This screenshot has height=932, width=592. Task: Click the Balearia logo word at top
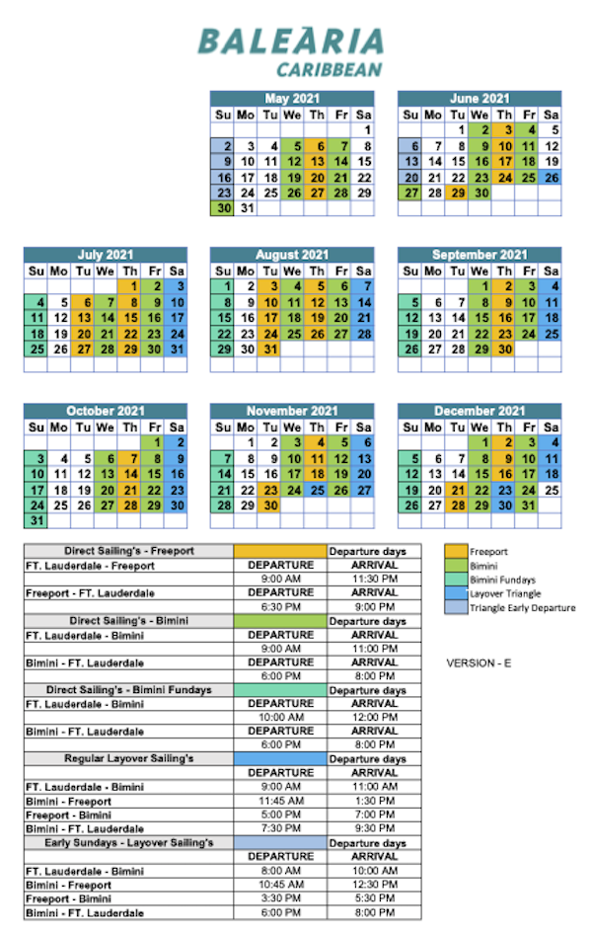pos(290,41)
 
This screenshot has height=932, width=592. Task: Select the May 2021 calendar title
pos(292,99)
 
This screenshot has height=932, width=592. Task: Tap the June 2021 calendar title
pos(480,99)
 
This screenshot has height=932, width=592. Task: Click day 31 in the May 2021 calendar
pos(246,209)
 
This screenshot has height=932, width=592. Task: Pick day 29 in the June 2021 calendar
pos(457,194)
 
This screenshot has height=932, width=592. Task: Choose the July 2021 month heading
pos(105,255)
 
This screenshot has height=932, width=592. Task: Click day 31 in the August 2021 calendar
pos(269,349)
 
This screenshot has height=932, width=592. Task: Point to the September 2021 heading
pos(480,255)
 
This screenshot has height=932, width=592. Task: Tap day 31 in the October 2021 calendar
pos(37,520)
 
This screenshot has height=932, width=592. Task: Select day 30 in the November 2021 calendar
pos(269,505)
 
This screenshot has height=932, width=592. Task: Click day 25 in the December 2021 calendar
pos(552,490)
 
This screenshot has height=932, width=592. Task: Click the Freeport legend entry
pos(489,552)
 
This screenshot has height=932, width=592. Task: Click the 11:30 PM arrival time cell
pos(374,579)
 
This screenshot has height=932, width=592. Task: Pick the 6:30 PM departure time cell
pos(279,606)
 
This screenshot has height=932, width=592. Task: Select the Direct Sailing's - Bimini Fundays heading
pos(128,689)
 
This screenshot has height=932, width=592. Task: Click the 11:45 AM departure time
pos(279,801)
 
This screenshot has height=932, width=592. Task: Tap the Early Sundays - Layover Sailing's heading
pos(128,842)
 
